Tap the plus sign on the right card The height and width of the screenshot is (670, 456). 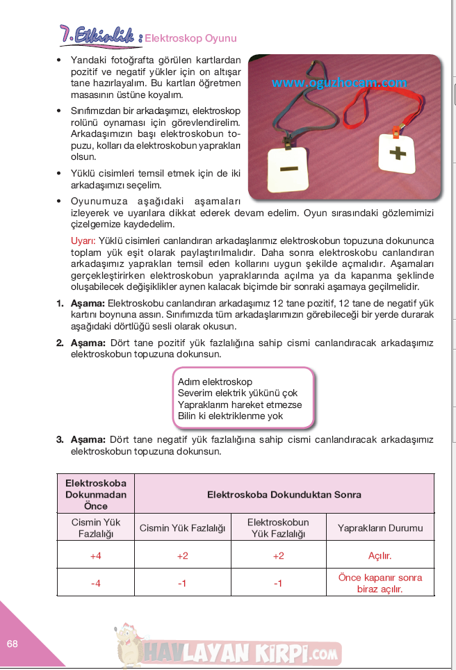coord(398,152)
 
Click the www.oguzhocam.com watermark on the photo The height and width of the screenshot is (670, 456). coord(339,83)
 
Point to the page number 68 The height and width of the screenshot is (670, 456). coord(12,644)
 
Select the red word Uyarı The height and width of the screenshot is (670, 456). coord(83,238)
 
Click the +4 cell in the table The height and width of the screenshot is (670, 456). coord(95,556)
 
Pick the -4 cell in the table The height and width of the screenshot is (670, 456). coord(95,583)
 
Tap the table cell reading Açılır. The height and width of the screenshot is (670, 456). coord(380,556)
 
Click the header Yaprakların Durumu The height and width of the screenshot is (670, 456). coord(380,528)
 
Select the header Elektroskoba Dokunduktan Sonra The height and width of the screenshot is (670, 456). coord(284,495)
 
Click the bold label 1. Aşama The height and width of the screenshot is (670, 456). coord(81,304)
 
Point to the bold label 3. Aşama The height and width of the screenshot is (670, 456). coord(81,439)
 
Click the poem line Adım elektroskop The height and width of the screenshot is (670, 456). coord(215,382)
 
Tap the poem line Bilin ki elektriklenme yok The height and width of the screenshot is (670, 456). coord(230,416)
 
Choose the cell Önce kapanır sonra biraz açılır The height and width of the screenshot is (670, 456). coord(380,582)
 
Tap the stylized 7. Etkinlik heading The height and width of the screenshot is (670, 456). coord(99,35)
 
